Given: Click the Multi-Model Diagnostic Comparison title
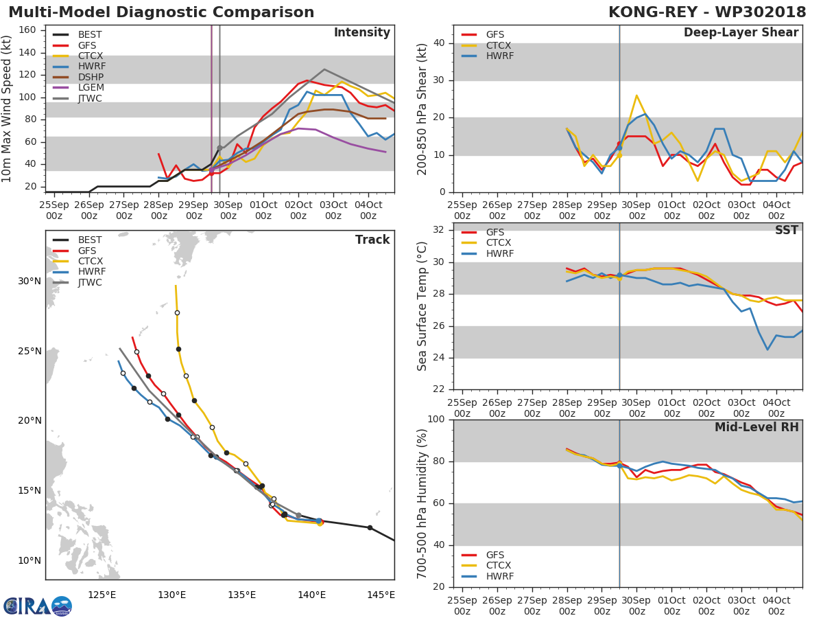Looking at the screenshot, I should pos(161,12).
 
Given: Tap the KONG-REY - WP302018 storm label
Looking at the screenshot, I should pos(707,12).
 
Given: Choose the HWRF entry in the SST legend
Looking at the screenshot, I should pos(500,253).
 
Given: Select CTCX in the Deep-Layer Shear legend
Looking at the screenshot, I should pos(500,45).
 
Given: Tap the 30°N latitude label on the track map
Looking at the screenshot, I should pos(29,281).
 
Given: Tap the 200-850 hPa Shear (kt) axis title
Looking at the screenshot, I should pos(422,108).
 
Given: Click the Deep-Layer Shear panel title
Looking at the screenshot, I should pos(741,33).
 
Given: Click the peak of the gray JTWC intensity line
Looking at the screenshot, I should pos(324,69).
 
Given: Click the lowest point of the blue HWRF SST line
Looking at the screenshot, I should pos(768,350).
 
